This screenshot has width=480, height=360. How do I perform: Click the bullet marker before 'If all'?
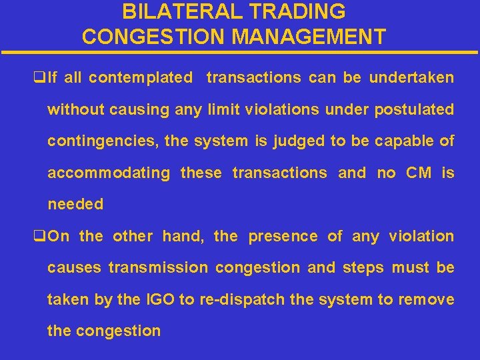tap(38, 78)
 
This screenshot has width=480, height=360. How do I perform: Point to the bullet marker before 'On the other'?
tap(38, 237)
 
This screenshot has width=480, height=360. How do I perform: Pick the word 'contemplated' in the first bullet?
tap(140, 78)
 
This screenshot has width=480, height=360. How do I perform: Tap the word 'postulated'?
tap(414, 109)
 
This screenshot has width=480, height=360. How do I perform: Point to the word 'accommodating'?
tap(109, 173)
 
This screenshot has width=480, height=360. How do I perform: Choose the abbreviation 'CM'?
tap(419, 173)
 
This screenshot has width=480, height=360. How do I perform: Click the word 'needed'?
tap(75, 205)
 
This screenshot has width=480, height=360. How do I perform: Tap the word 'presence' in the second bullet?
tap(283, 236)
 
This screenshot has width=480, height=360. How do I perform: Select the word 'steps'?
tap(363, 268)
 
